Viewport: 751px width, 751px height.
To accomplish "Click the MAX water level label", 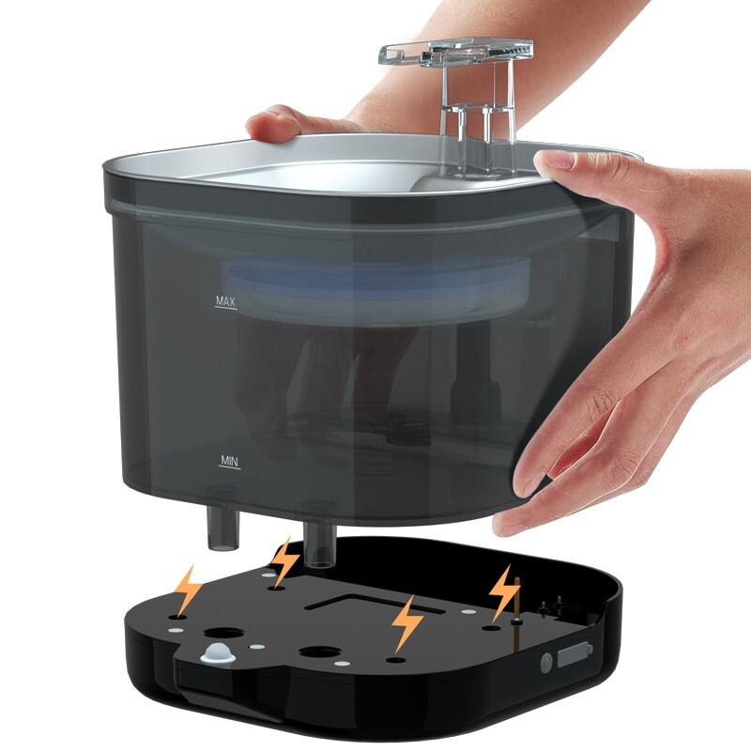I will tap(225, 302).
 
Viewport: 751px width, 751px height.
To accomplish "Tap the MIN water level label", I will tap(228, 461).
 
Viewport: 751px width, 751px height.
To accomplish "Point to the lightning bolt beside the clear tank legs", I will tap(284, 561).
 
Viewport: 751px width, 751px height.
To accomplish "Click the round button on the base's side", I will tap(545, 663).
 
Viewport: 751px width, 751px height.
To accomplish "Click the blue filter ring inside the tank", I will tap(375, 282).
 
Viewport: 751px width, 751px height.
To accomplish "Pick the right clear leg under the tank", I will tap(317, 544).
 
